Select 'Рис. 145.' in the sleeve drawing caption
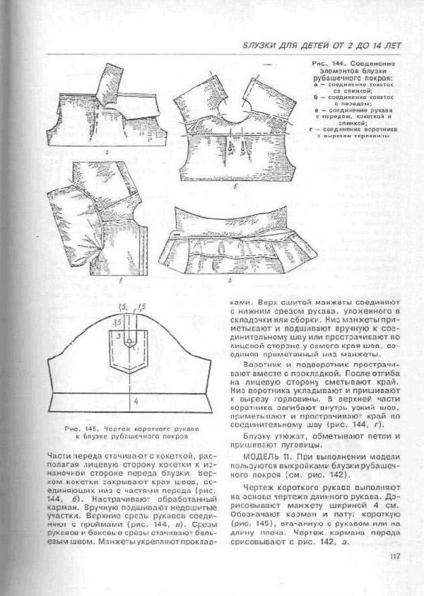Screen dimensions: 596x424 tap(80, 428)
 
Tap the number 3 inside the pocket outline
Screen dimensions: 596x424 tap(120, 334)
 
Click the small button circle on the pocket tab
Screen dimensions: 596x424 tap(129, 342)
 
